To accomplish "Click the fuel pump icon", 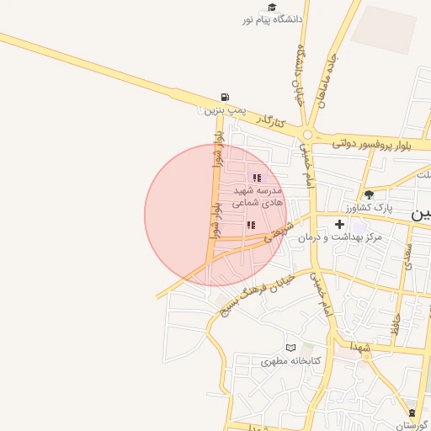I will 224,97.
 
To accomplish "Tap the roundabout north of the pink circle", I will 308,135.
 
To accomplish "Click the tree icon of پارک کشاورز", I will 369,194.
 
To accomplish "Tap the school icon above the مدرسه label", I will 256,178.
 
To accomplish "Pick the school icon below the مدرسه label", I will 250,225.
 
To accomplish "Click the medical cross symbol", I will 339,224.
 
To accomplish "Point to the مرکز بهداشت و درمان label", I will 339,237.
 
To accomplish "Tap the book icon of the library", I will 291,348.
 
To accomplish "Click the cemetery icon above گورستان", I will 412,412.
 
